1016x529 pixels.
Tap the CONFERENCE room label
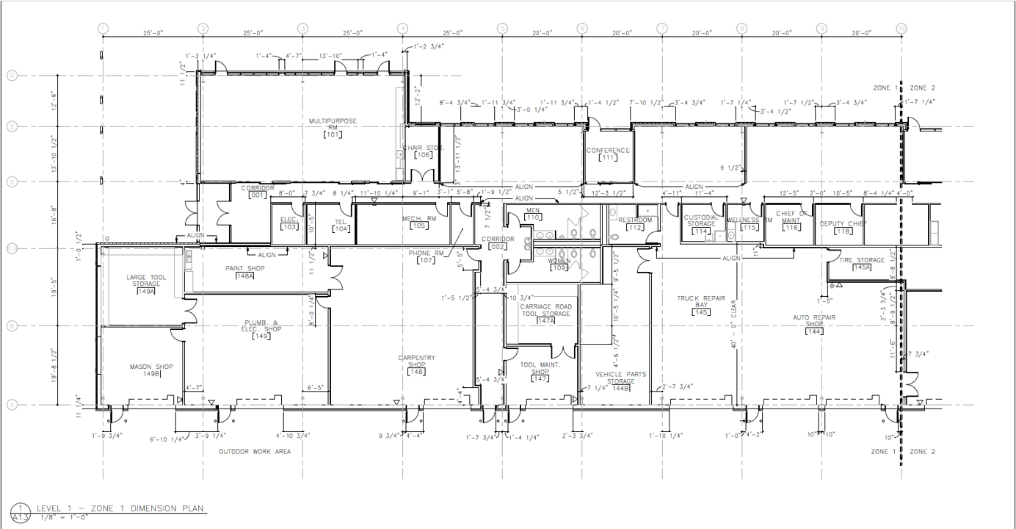click(x=608, y=151)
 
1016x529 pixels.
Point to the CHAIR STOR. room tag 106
click(x=423, y=155)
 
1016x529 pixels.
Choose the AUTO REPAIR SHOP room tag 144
click(x=813, y=331)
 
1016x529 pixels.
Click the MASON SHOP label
click(x=151, y=367)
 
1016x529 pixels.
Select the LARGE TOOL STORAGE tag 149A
click(x=146, y=292)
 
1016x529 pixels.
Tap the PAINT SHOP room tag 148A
click(x=244, y=276)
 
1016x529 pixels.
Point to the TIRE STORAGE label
click(x=863, y=260)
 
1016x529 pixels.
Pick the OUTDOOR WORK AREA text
click(x=255, y=452)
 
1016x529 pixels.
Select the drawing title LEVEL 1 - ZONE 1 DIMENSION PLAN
click(x=122, y=509)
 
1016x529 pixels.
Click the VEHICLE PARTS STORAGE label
click(x=620, y=378)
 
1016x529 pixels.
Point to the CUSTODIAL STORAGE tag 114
click(x=701, y=231)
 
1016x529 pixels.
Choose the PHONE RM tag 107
click(x=427, y=261)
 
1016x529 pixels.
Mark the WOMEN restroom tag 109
click(x=559, y=268)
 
